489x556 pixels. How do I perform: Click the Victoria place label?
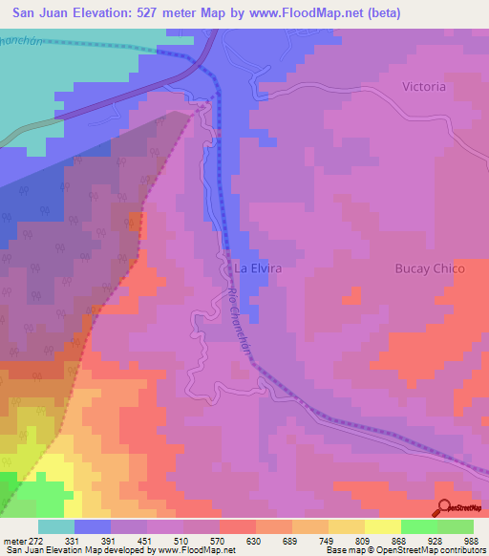[x=424, y=87]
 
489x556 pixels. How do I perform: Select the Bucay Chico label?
[x=430, y=269]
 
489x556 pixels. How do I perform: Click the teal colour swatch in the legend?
[x=56, y=526]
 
